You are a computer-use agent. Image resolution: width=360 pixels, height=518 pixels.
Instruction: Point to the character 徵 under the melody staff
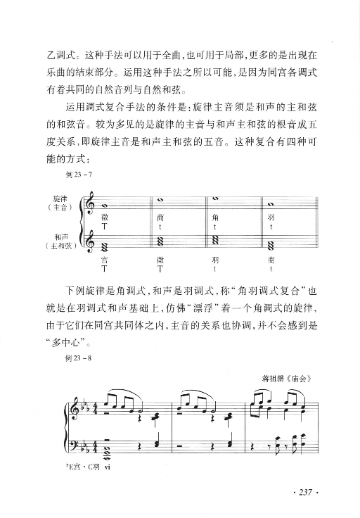(x=104, y=218)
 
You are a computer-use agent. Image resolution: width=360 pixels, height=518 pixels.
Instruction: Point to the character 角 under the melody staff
(x=215, y=218)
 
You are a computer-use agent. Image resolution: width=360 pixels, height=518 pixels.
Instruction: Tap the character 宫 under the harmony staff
(x=104, y=260)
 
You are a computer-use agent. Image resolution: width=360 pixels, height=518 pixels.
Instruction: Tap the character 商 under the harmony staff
(x=271, y=260)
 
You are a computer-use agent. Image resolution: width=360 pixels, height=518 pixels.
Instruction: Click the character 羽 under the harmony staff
(x=215, y=260)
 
